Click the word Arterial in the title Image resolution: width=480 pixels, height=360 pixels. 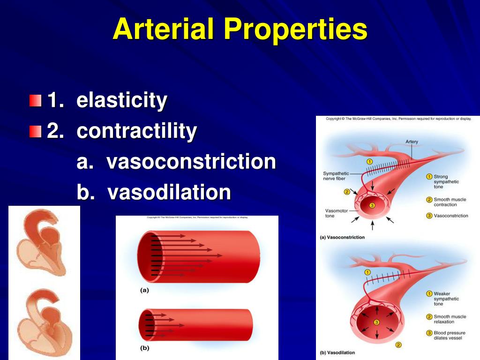(x=164, y=29)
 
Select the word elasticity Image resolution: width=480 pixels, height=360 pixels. (x=122, y=100)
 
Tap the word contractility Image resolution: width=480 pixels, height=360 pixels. (x=137, y=131)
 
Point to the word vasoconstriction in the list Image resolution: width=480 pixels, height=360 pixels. (x=191, y=162)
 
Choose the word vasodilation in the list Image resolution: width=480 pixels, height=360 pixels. (x=169, y=192)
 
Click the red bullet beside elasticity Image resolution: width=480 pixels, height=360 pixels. (x=35, y=100)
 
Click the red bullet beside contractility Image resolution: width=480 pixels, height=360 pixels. (x=35, y=131)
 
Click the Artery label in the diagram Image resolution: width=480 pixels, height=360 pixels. (x=412, y=142)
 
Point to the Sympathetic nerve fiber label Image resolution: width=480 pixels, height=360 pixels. (x=336, y=176)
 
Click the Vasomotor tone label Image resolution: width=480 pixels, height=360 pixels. (x=336, y=213)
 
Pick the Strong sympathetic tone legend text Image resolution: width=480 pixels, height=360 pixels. (x=446, y=181)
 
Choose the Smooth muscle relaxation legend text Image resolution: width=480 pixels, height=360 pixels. (x=450, y=319)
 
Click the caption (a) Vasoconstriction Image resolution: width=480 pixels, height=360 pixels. (x=342, y=237)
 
